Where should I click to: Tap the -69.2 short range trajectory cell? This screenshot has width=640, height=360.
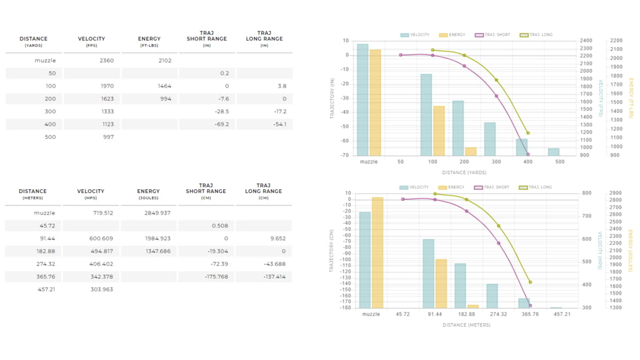(219, 124)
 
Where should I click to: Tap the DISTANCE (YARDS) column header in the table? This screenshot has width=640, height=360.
(33, 41)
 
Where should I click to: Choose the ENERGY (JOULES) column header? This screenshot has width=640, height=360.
(149, 194)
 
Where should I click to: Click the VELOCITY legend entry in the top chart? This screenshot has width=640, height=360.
(416, 35)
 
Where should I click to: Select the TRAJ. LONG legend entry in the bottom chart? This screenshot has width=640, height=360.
(536, 187)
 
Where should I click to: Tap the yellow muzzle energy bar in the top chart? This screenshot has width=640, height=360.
(375, 102)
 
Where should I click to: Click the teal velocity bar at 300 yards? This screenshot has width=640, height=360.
(489, 139)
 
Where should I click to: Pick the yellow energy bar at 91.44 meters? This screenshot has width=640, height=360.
(441, 283)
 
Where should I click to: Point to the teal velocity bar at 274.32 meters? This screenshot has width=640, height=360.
(492, 296)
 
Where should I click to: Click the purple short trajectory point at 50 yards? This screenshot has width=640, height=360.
(401, 55)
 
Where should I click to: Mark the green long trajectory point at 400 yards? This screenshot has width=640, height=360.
(528, 133)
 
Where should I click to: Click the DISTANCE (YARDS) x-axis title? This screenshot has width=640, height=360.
(463, 173)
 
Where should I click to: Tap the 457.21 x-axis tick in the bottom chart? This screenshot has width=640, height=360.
(561, 314)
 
